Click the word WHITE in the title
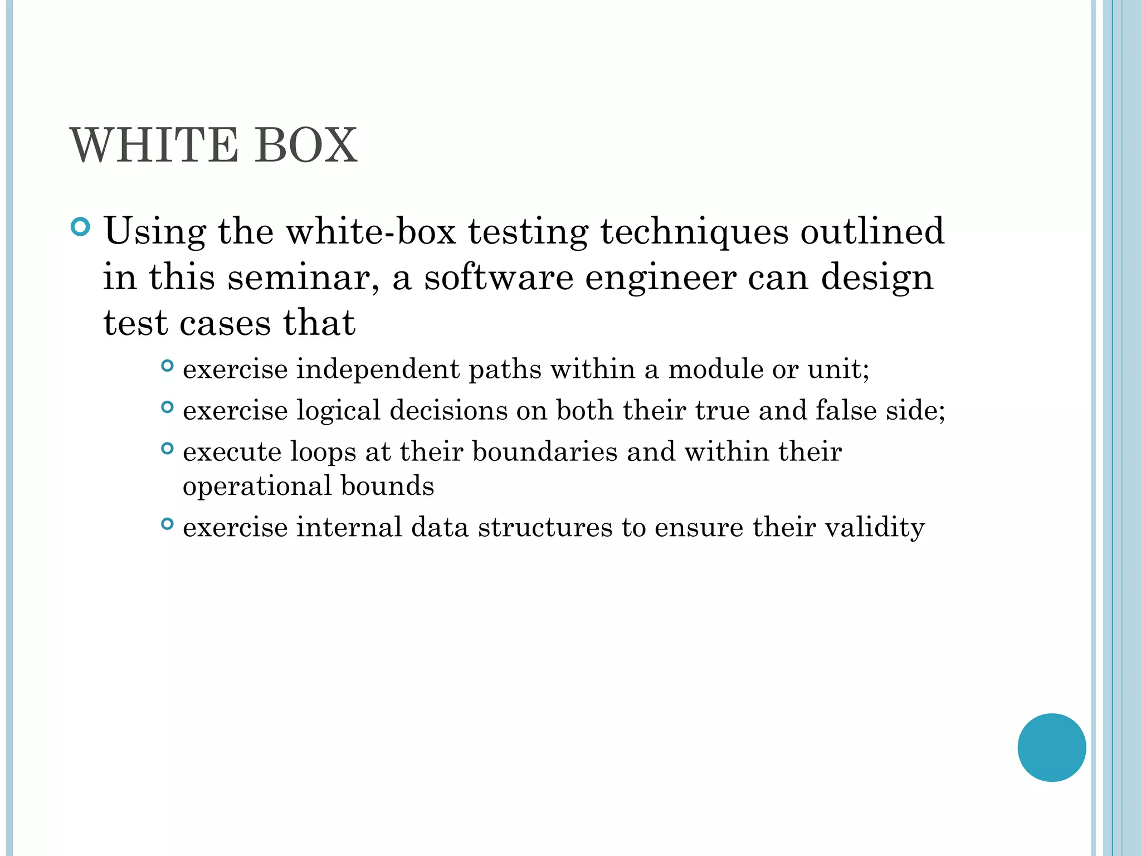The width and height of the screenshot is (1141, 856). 153,145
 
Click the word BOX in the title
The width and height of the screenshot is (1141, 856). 305,145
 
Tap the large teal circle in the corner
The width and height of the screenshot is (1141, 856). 1051,747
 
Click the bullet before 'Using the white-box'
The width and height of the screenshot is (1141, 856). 81,227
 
